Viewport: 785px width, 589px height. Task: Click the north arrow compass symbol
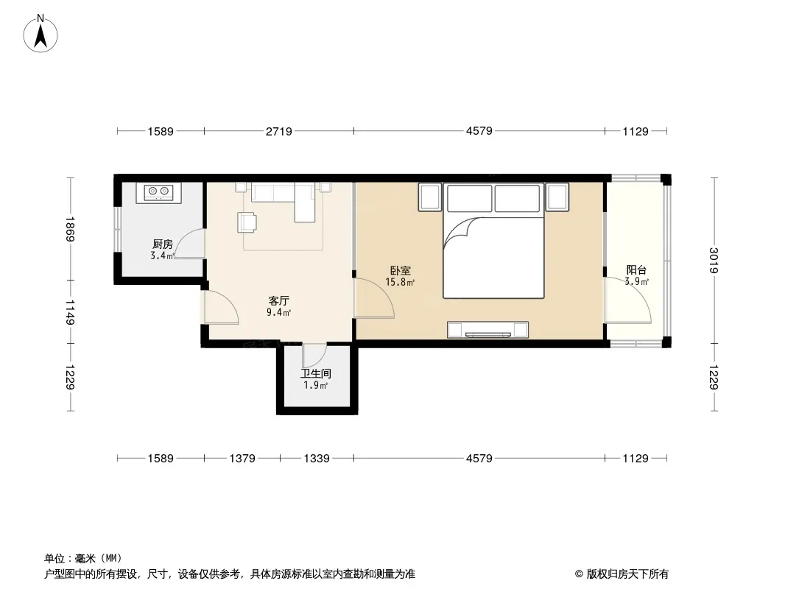pyautogui.click(x=41, y=34)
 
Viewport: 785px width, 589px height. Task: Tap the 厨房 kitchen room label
pyautogui.click(x=163, y=244)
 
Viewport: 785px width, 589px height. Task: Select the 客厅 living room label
pyautogui.click(x=278, y=300)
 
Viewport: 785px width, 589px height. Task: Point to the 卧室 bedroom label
pyautogui.click(x=400, y=271)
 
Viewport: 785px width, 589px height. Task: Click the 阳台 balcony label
pyautogui.click(x=636, y=270)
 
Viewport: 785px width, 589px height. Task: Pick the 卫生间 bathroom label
pyautogui.click(x=315, y=374)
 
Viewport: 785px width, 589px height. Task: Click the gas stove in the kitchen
pyautogui.click(x=159, y=192)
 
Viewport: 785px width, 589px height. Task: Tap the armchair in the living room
pyautogui.click(x=247, y=222)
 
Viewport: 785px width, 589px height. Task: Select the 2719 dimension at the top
pyautogui.click(x=279, y=131)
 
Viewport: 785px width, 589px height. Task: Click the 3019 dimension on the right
pyautogui.click(x=714, y=260)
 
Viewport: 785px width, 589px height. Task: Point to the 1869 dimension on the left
pyautogui.click(x=69, y=229)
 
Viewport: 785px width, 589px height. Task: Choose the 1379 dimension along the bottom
pyautogui.click(x=242, y=459)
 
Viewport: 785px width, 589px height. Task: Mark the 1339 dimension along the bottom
pyautogui.click(x=317, y=459)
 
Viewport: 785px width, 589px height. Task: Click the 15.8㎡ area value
pyautogui.click(x=400, y=282)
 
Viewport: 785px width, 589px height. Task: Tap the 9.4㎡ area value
pyautogui.click(x=278, y=313)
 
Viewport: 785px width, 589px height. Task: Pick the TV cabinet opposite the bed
pyautogui.click(x=487, y=330)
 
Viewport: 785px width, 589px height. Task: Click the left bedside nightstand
pyautogui.click(x=430, y=197)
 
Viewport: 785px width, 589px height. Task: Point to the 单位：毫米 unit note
pyautogui.click(x=83, y=559)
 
